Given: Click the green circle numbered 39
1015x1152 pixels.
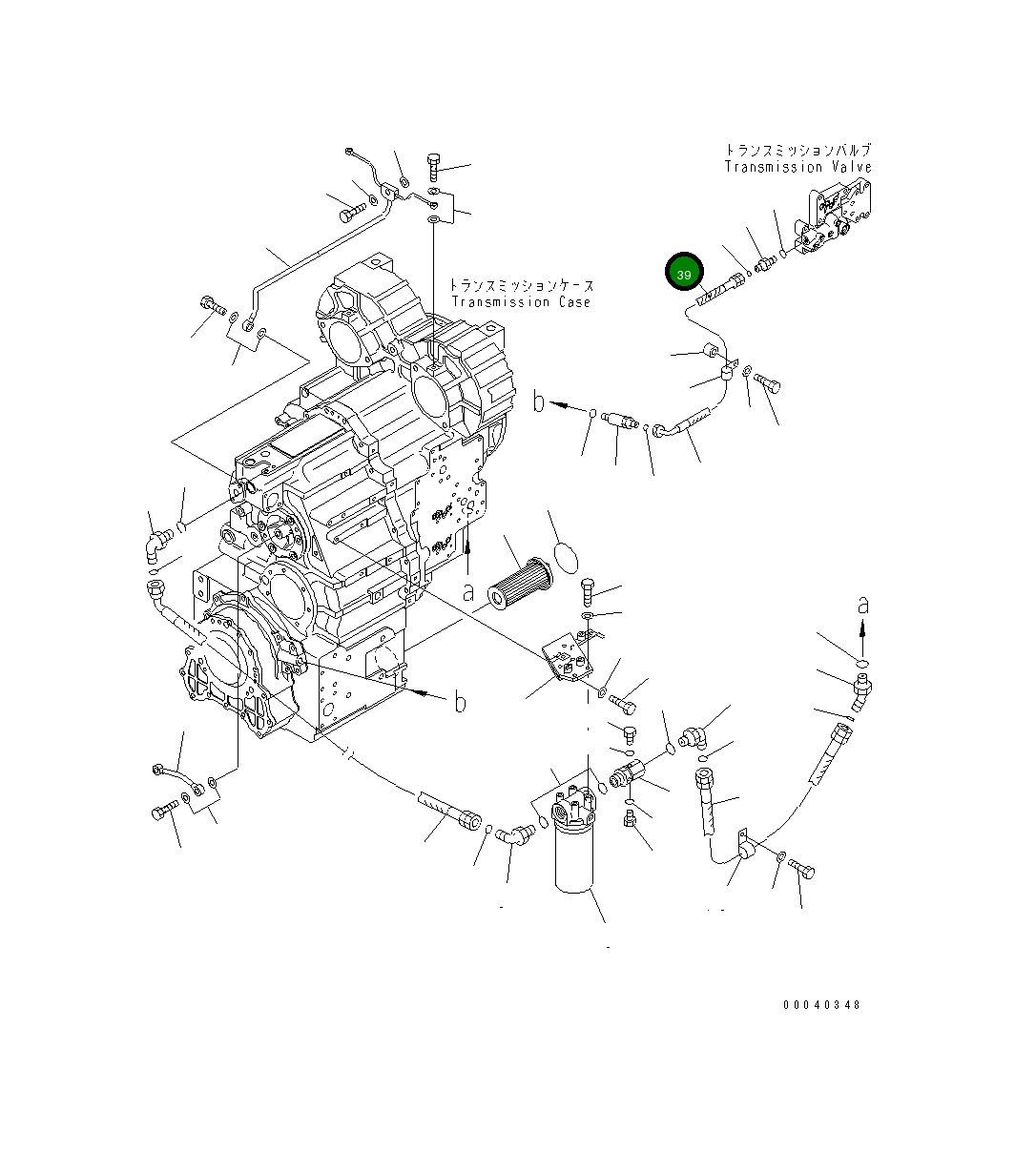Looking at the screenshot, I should coord(684,274).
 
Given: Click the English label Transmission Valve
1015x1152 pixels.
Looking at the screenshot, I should coord(797,167).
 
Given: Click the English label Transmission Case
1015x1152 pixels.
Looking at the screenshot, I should coord(520,302).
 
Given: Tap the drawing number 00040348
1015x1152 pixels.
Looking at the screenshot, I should coord(821,1005).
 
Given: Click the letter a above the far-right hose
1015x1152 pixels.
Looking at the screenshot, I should coord(862,605).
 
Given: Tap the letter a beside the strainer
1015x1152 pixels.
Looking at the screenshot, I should coord(468,592).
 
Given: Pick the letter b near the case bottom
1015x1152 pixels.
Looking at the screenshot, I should coord(460,704).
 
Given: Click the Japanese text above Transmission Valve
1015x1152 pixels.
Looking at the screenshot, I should coord(797,151).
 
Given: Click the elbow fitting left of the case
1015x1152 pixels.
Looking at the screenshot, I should coord(155,545).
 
